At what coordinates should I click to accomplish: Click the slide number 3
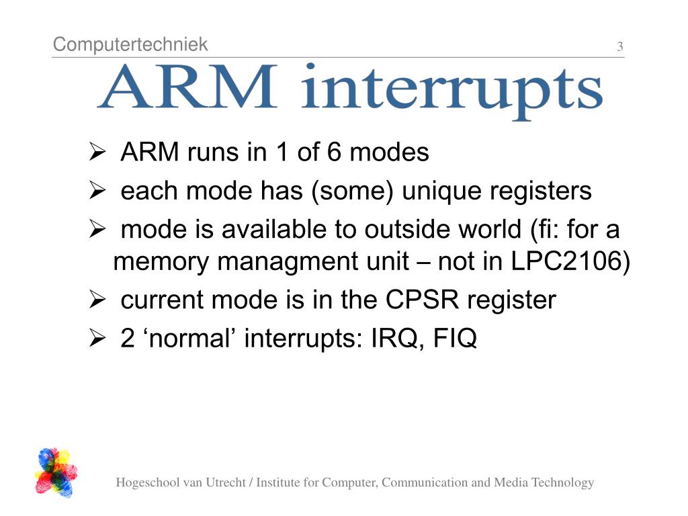[x=619, y=47]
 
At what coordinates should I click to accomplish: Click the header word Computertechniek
[x=130, y=45]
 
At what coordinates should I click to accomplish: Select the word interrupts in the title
[x=451, y=91]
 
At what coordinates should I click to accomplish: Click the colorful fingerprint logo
[x=56, y=472]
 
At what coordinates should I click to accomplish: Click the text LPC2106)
[x=570, y=261]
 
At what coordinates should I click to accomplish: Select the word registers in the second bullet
[x=541, y=191]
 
